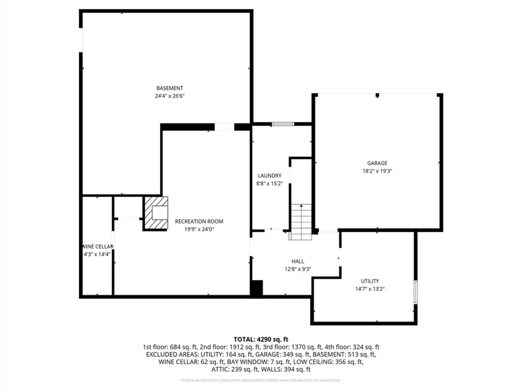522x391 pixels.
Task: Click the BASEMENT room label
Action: pos(170,88)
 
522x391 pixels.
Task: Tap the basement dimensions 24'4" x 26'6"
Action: pos(170,96)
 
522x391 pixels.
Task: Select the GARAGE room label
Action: pos(377,163)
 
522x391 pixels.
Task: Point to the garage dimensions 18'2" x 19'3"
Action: pos(377,171)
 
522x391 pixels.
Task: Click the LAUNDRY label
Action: pos(269,176)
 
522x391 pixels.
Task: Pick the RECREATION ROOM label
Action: pos(199,221)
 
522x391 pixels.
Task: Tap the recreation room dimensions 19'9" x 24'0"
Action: pos(199,229)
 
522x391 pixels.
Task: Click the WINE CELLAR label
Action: pos(98,247)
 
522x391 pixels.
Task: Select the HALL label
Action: pos(297,261)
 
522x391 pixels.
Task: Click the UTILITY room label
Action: pos(370,281)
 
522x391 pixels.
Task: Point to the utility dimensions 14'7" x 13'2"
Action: pos(370,289)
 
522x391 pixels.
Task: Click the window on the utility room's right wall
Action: pos(415,292)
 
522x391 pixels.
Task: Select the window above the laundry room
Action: pos(282,123)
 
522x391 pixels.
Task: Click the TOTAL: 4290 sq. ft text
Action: pos(260,339)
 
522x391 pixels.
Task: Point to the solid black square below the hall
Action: pos(257,288)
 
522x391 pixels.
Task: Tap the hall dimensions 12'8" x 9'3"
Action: pos(297,269)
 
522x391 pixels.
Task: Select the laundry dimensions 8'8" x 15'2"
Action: pos(269,183)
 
